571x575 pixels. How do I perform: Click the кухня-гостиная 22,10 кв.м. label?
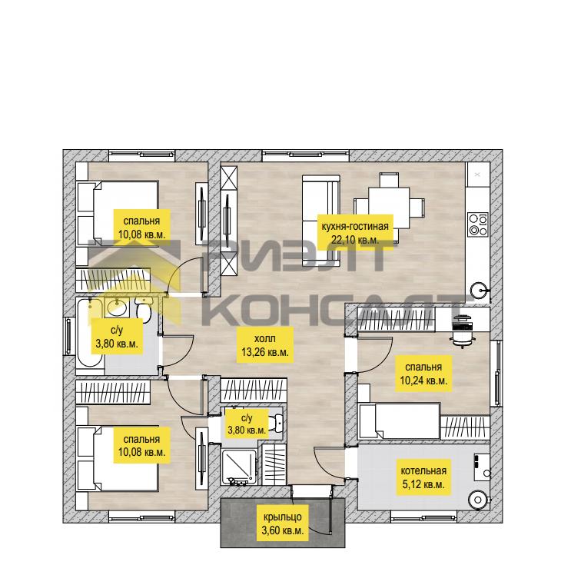(355, 232)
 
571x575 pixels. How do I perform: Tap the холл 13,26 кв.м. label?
(265, 344)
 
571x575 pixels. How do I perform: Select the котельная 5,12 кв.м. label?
(423, 477)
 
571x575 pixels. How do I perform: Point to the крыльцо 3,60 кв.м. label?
(283, 523)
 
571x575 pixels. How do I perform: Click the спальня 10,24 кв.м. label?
(423, 374)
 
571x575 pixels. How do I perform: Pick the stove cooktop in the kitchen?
(478, 224)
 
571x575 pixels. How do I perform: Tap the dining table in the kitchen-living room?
(389, 208)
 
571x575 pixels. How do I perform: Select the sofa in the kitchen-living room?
(321, 220)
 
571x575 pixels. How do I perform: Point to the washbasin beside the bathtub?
(117, 307)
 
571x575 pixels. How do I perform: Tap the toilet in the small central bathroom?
(276, 424)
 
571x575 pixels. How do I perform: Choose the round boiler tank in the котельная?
(479, 500)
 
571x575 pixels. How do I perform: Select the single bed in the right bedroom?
(400, 420)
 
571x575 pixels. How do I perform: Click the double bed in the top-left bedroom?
(118, 213)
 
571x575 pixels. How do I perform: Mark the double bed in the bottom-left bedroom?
(118, 458)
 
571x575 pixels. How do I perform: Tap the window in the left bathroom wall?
(68, 336)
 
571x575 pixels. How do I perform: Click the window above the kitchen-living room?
(305, 155)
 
